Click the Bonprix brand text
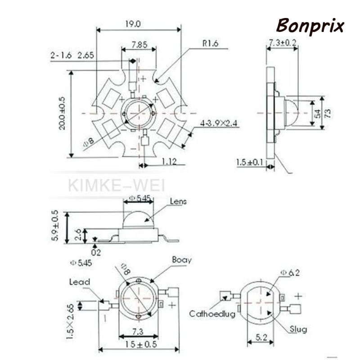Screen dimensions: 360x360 [310, 26]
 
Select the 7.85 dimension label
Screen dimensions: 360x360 [140, 45]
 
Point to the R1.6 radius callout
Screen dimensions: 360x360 [210, 44]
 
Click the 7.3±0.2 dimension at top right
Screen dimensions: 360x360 [283, 42]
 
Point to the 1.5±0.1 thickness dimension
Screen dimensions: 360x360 [250, 161]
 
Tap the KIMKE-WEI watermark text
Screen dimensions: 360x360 [117, 184]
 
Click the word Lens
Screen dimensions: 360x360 [178, 202]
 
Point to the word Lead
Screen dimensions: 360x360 [80, 282]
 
